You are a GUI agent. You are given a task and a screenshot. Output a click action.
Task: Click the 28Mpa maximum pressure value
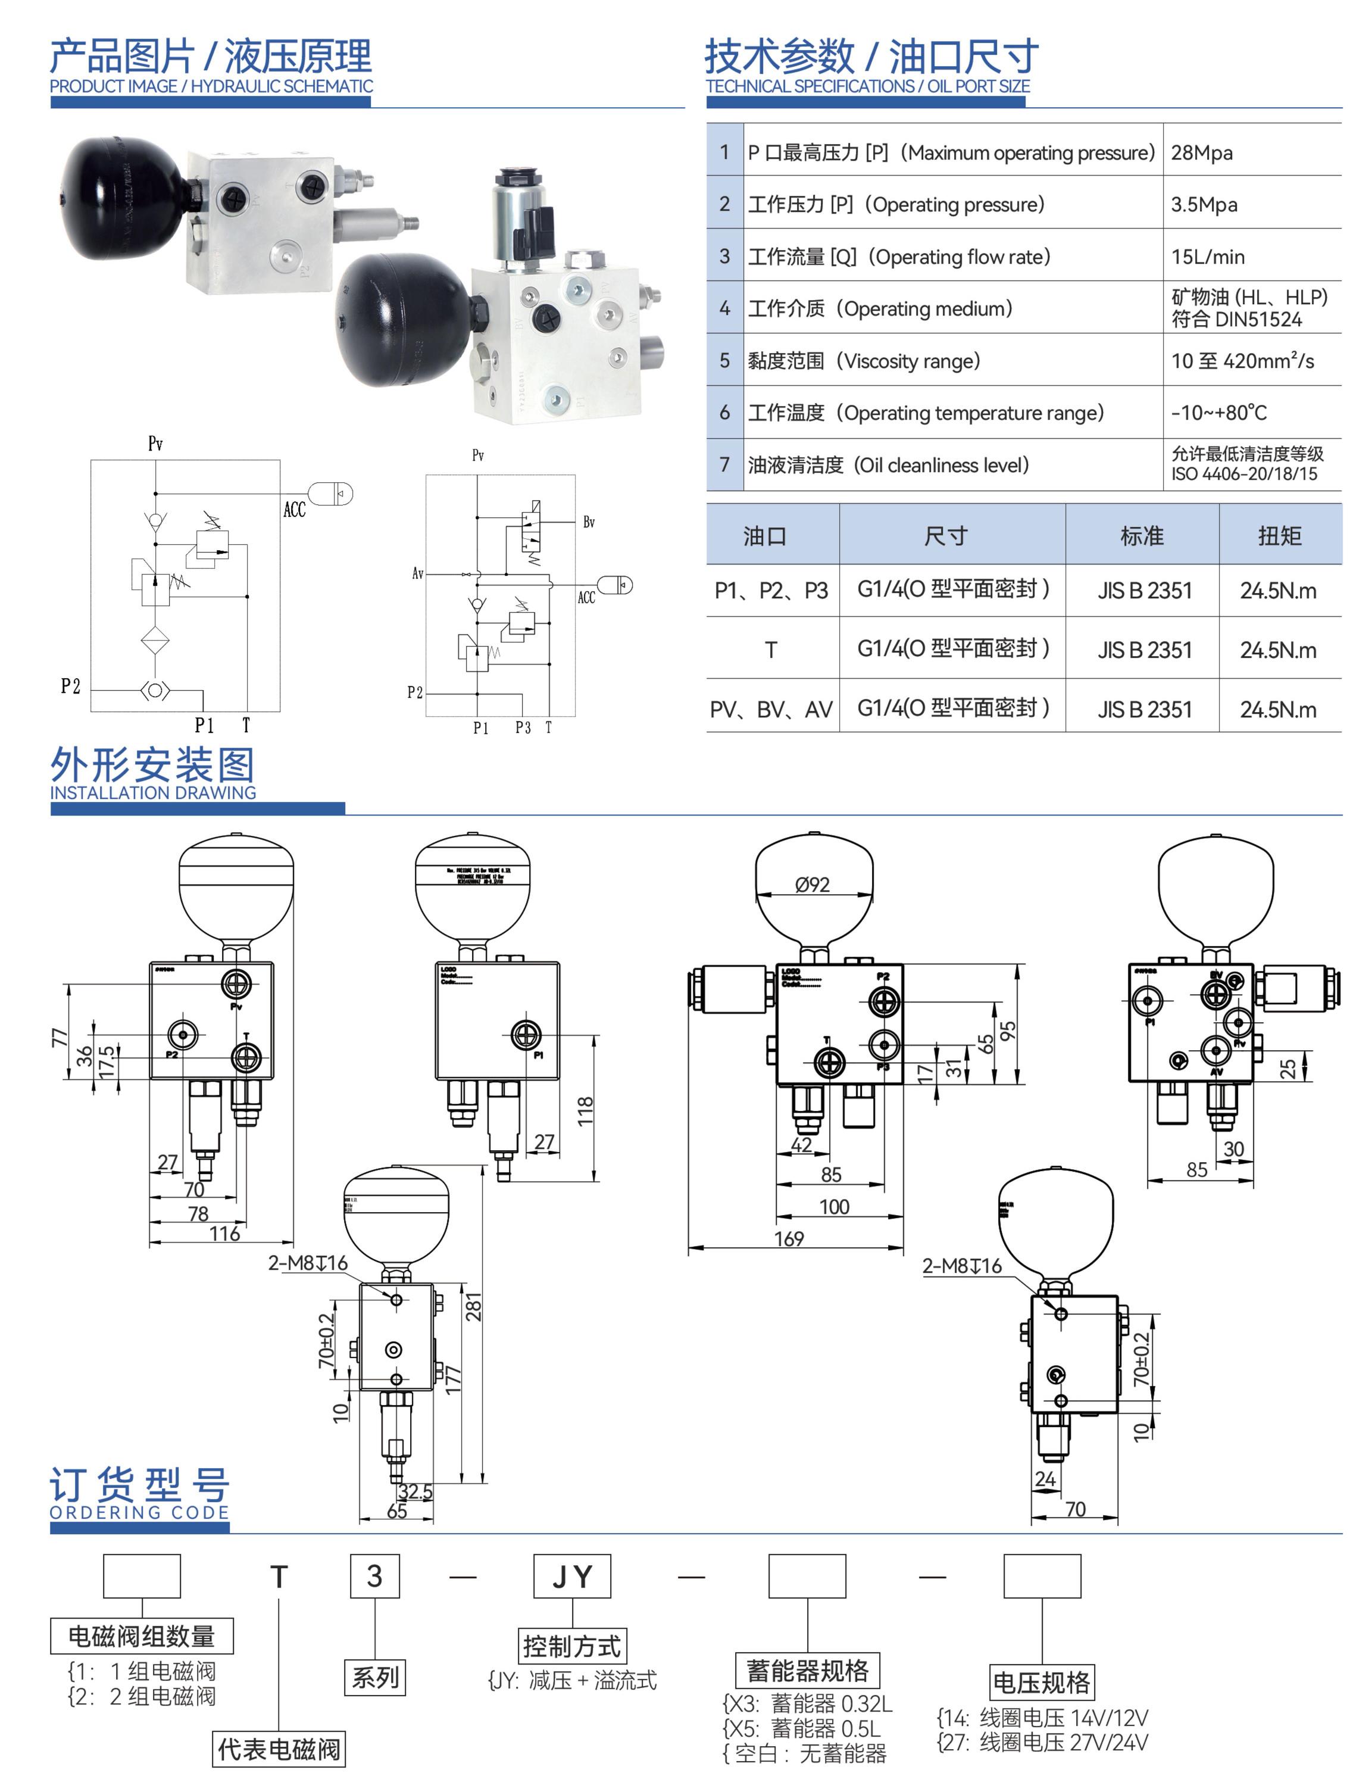(x=1201, y=152)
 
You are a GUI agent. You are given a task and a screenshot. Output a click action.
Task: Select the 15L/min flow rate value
(x=1207, y=257)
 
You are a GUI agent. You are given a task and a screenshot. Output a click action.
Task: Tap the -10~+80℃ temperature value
(x=1218, y=413)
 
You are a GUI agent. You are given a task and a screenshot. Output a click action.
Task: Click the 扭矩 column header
(x=1279, y=536)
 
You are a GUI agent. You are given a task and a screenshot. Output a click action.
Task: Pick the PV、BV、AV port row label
(x=771, y=709)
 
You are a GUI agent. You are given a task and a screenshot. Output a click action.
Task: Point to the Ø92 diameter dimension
(x=812, y=885)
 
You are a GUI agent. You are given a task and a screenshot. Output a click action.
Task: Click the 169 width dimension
(x=788, y=1238)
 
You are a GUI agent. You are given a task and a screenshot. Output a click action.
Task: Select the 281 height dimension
(x=473, y=1307)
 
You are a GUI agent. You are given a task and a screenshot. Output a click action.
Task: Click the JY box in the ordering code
(x=572, y=1576)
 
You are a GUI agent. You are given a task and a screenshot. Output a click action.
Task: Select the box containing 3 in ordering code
(x=375, y=1576)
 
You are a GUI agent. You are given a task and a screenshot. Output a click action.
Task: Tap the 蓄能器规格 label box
(x=808, y=1671)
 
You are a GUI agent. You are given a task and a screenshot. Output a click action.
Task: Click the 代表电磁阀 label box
(x=279, y=1748)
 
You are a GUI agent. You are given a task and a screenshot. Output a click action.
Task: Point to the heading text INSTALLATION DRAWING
(x=153, y=792)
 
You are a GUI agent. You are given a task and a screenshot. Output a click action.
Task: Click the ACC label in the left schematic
(x=294, y=510)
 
